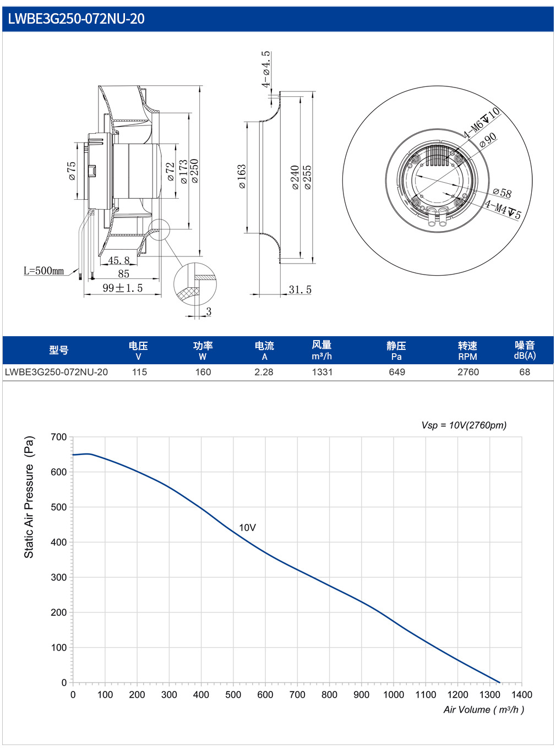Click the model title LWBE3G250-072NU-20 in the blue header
pos(76,19)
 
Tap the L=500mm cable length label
pos(43,271)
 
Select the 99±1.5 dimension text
pos(123,288)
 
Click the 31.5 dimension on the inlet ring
pos(300,289)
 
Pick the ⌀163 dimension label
pos(242,176)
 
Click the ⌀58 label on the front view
pos(502,193)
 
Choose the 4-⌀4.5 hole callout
pos(266,69)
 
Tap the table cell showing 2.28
pos(264,372)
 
